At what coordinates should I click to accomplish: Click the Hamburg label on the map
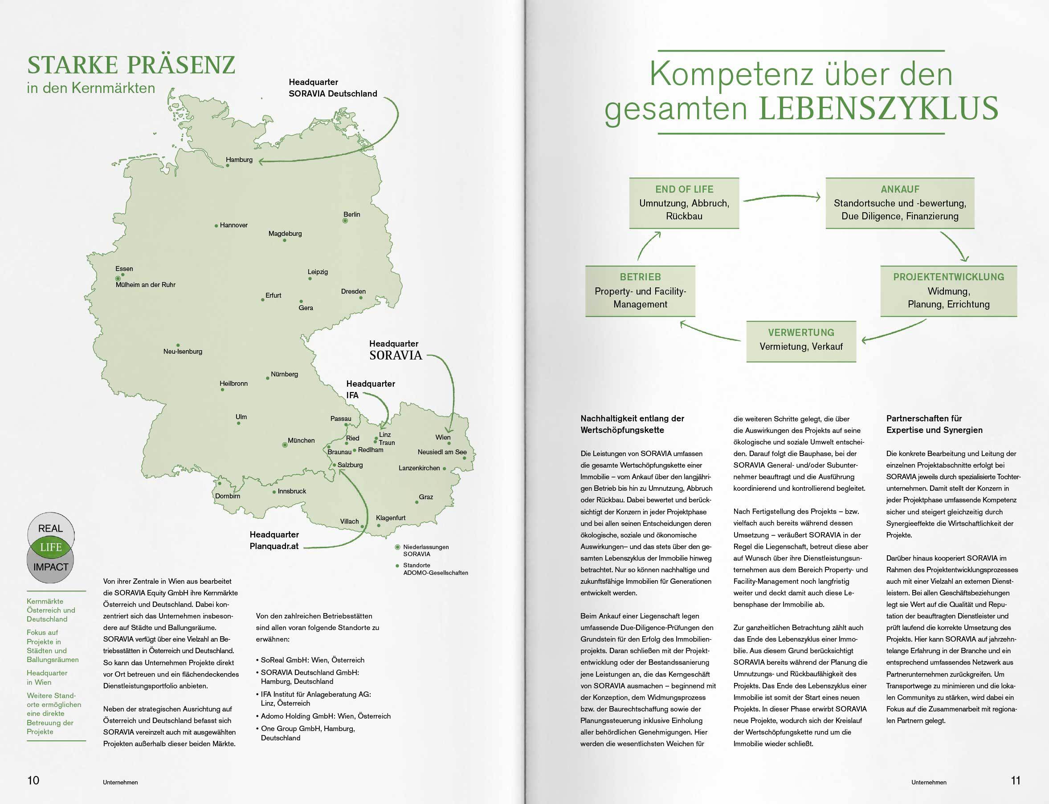click(239, 160)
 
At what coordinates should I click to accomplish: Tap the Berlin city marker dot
click(345, 221)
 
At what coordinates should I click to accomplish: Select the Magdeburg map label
click(285, 234)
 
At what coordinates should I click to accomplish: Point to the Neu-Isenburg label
click(183, 351)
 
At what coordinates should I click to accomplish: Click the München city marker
click(285, 445)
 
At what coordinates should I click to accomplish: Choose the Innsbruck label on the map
click(292, 491)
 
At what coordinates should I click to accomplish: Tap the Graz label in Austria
click(426, 497)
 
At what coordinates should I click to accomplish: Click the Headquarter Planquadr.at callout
click(274, 540)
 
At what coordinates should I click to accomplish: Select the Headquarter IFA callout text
click(370, 389)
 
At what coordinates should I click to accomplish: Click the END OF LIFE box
click(684, 203)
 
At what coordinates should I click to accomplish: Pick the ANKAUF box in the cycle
click(899, 203)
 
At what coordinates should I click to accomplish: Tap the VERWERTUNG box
click(801, 341)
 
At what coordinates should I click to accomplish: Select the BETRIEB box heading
click(640, 277)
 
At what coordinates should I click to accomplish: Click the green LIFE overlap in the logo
click(51, 547)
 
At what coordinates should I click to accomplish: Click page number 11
click(1016, 780)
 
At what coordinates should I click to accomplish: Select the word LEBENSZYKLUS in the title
click(878, 109)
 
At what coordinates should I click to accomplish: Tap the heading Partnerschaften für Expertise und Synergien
click(934, 424)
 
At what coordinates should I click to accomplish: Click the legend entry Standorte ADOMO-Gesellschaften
click(435, 569)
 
